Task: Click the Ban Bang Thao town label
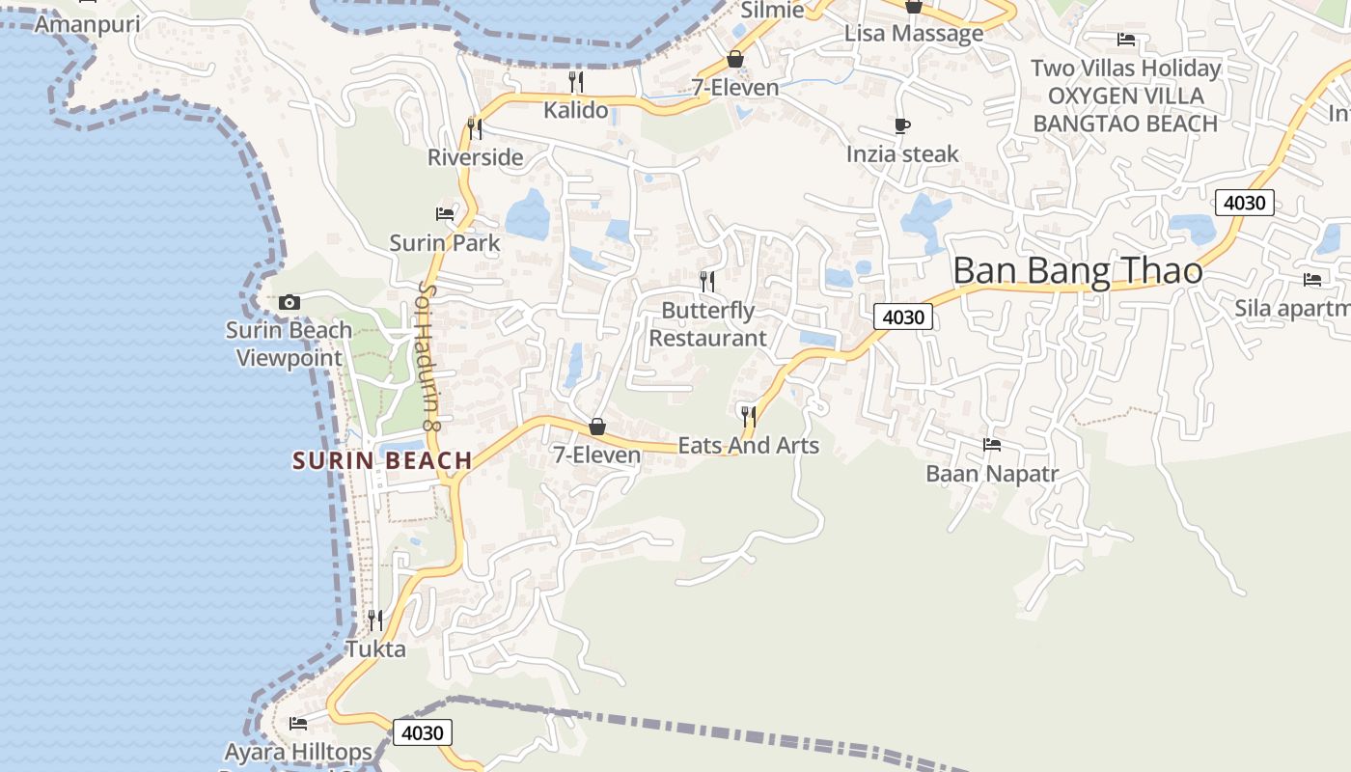pos(1078,271)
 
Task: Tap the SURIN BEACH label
pos(382,461)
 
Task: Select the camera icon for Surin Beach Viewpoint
pos(289,303)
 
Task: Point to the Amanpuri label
pos(87,24)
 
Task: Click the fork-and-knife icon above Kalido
pos(576,82)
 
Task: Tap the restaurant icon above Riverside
pos(475,128)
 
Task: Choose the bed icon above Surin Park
pos(445,213)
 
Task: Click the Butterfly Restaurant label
pos(707,324)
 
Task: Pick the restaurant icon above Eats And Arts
pos(748,417)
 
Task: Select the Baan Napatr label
pos(992,474)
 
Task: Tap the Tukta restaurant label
pos(375,649)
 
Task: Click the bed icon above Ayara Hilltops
pos(298,723)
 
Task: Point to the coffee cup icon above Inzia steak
pos(902,125)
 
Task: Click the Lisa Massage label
pos(914,34)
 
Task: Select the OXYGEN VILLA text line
pos(1125,96)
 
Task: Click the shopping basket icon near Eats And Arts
pos(597,427)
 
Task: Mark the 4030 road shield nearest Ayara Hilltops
pos(423,732)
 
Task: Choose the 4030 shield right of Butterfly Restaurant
pos(904,317)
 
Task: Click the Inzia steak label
pos(902,154)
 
